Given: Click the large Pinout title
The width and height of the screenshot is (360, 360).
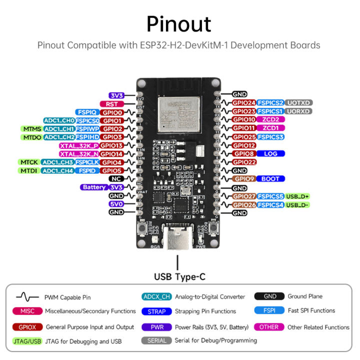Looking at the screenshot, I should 178,24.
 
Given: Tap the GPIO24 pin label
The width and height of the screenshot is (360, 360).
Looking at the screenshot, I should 244,102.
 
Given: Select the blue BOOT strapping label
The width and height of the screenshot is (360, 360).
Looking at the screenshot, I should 271,178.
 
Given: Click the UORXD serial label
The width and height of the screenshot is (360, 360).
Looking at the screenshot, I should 298,111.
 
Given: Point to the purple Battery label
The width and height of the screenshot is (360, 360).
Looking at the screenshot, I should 94,187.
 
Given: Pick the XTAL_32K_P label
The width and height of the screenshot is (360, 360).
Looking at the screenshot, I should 78,145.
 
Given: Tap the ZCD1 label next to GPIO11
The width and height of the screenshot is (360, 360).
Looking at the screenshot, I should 271,128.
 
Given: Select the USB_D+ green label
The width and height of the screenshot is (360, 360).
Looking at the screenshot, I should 298,196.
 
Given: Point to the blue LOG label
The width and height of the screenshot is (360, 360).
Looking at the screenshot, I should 271,153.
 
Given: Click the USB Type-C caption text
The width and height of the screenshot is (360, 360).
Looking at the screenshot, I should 179,276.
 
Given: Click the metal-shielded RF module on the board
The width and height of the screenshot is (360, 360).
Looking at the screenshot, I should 178,114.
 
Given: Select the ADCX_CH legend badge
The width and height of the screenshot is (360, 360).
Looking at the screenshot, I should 156,296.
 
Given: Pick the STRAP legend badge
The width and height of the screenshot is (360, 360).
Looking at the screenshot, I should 156,311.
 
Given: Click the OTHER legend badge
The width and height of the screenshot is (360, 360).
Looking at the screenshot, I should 268,327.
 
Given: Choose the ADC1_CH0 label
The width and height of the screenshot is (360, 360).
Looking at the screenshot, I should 59,120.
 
